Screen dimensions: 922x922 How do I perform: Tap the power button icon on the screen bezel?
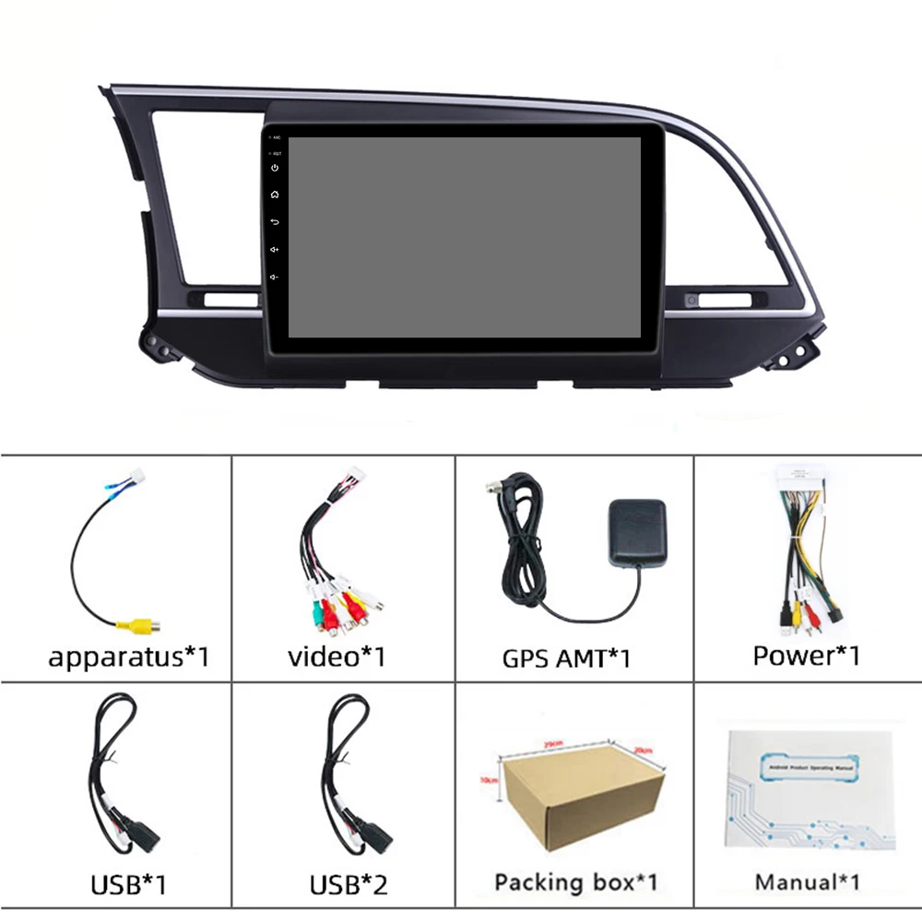pos(275,168)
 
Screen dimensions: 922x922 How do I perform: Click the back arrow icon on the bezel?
pos(275,222)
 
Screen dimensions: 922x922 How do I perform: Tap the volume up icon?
pos(275,250)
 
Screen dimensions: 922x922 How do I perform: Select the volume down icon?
pos(275,278)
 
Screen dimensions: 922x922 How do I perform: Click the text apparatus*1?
pos(129,657)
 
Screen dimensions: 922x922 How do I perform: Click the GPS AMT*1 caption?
pos(566,658)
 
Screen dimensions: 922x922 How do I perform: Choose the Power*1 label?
pos(807,656)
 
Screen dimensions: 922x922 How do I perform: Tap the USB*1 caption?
pos(128,885)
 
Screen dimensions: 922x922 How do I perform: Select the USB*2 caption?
pos(349,885)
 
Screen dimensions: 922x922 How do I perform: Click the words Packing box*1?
pos(576,882)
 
